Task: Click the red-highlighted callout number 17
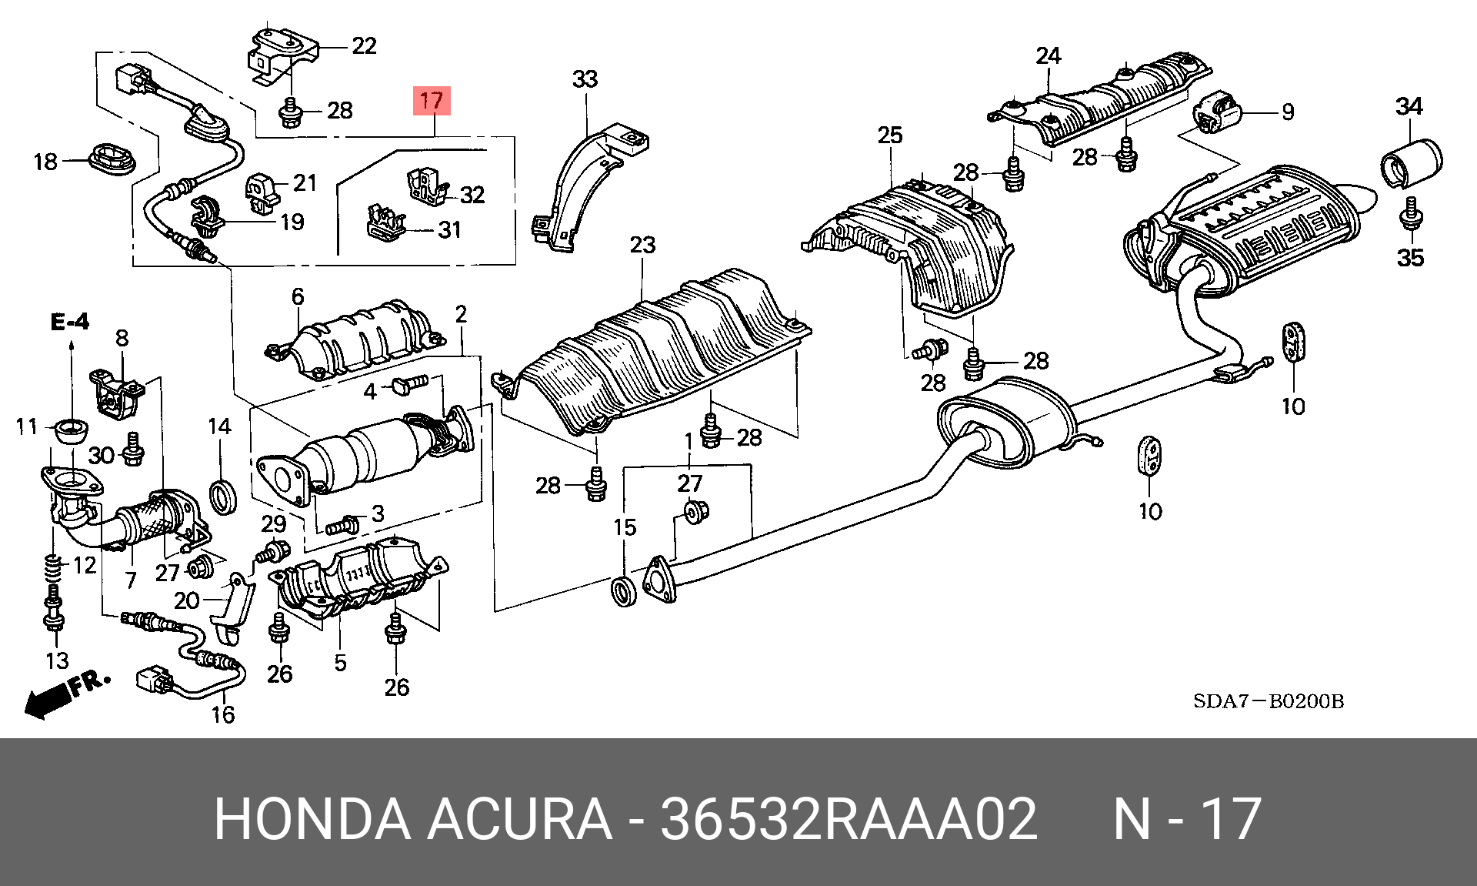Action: click(x=432, y=101)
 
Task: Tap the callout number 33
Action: click(x=585, y=79)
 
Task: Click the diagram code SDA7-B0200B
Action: click(x=1269, y=701)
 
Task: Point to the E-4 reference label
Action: click(x=70, y=322)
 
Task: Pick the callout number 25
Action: click(x=890, y=135)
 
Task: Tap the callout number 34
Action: click(x=1409, y=106)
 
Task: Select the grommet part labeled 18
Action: click(x=112, y=159)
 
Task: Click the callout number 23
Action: click(x=642, y=246)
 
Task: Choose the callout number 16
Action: click(x=223, y=715)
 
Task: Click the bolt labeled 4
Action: click(x=408, y=385)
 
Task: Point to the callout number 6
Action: click(x=298, y=296)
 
